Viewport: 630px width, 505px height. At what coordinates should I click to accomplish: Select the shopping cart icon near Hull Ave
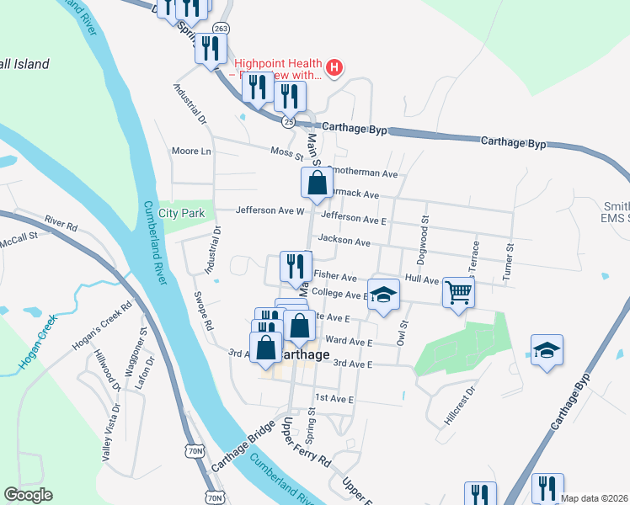tap(458, 292)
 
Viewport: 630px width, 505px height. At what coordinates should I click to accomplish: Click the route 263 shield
tap(221, 28)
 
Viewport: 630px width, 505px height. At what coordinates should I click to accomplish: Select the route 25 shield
tap(289, 121)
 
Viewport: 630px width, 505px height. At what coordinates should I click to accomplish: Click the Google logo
tap(28, 495)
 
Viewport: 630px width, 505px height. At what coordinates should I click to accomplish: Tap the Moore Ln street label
tap(191, 151)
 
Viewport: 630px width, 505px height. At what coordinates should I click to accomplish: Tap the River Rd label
tap(61, 226)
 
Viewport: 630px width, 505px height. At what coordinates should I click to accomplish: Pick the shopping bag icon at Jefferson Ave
tap(317, 183)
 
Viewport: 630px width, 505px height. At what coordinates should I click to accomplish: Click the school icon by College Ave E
tap(383, 294)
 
